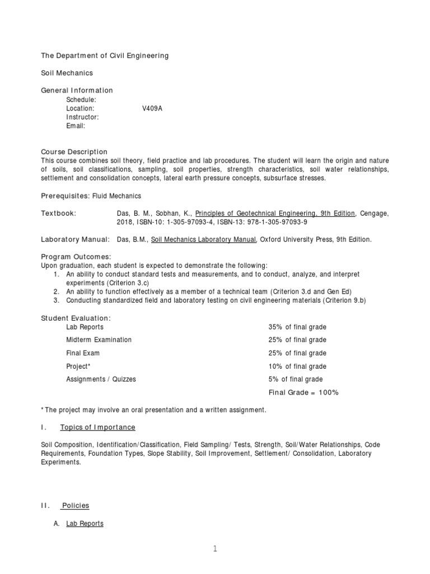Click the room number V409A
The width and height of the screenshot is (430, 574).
point(152,108)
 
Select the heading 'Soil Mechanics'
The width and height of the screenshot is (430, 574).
point(67,73)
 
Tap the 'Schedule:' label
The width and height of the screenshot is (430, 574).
point(82,99)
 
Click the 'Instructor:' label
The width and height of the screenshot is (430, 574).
point(82,117)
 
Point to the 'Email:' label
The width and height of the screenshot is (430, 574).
point(76,126)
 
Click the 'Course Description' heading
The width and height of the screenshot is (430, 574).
point(74,152)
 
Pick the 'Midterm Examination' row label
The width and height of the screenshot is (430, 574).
point(99,340)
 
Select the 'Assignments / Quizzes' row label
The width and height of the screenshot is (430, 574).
point(101,379)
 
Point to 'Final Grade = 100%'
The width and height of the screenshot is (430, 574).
point(304,392)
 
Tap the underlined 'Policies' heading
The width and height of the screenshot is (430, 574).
point(76,506)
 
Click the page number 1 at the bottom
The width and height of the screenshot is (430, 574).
point(215,550)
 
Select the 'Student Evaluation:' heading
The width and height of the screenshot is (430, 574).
point(76,318)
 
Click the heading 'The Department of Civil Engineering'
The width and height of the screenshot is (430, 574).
point(105,55)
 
